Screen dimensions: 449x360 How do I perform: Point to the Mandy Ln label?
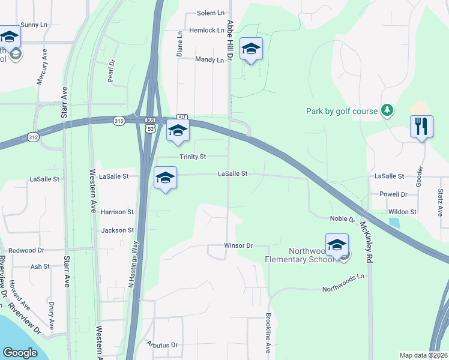point(209,59)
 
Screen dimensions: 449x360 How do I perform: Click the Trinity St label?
point(193,157)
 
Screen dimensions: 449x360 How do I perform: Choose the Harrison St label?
point(117,212)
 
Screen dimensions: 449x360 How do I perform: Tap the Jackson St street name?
point(117,230)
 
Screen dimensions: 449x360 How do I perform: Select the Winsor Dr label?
point(239,246)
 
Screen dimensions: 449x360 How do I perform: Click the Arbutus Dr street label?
point(162,345)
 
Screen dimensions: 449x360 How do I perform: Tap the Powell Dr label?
point(393,194)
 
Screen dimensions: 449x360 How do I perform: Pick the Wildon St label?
point(402,212)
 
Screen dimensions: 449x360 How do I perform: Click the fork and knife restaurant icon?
point(421,127)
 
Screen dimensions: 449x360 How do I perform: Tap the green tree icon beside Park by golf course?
point(388,110)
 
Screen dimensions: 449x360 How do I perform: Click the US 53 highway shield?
point(149,128)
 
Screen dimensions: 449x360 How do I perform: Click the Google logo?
point(20,353)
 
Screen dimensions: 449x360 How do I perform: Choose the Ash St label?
point(40,267)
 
